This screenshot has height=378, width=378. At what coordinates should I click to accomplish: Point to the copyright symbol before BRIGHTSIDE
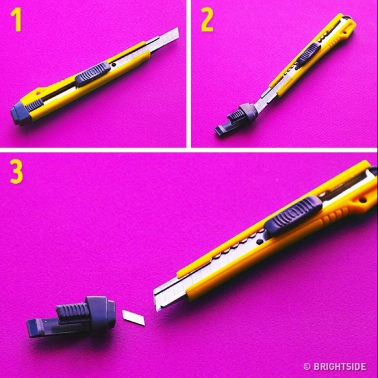tap(307, 366)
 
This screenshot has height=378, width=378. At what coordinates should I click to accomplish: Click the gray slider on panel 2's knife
tap(307, 55)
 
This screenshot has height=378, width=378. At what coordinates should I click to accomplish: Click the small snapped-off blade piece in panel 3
tap(133, 317)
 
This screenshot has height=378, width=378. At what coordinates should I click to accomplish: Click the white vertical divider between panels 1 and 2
tap(188, 73)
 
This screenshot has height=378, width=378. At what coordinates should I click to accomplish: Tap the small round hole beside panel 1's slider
tap(113, 66)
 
